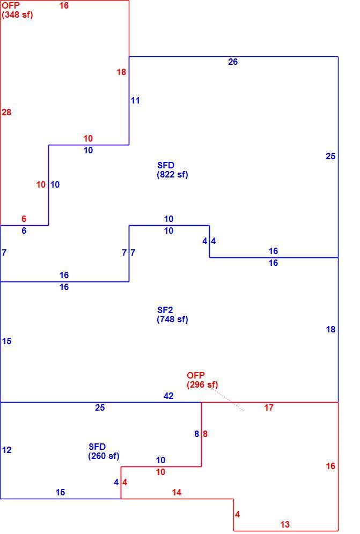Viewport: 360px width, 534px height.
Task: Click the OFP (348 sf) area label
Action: tap(17, 10)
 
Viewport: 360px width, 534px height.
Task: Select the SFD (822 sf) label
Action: tap(173, 170)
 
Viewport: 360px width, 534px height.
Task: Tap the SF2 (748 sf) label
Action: tap(173, 315)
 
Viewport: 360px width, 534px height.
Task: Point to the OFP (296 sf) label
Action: tap(202, 380)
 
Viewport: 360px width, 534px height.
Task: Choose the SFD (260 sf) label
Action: tap(104, 451)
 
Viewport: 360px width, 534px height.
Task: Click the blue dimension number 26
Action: tap(233, 62)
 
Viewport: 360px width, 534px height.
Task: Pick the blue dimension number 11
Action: tap(135, 100)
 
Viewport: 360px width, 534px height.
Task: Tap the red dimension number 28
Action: tap(6, 112)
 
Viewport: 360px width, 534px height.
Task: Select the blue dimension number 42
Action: tap(169, 396)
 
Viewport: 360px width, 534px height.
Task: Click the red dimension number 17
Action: tap(269, 407)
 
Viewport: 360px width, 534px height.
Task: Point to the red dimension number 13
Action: tap(285, 524)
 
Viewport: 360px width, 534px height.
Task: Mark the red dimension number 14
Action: tap(177, 492)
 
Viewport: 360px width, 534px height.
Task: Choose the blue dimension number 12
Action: tap(6, 450)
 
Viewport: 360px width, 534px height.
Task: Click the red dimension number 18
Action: tap(121, 72)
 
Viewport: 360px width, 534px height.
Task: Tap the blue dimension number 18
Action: tap(330, 329)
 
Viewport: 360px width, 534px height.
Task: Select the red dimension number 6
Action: tap(24, 219)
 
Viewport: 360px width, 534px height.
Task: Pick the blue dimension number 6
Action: tap(24, 231)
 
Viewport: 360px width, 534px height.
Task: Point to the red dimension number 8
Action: tap(205, 434)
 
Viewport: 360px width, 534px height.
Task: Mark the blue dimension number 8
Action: tap(197, 434)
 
